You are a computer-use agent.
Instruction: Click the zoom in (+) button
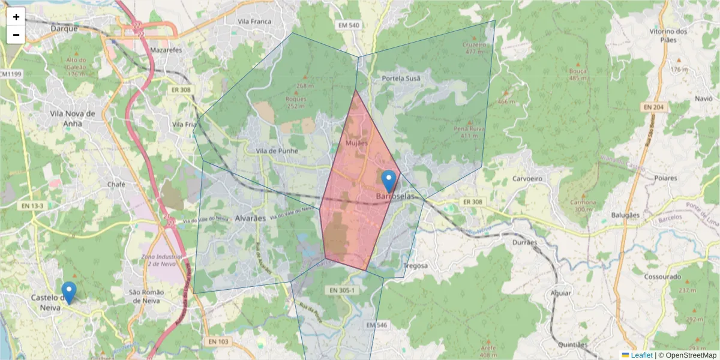(x=16, y=17)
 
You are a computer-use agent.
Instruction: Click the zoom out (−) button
(x=16, y=35)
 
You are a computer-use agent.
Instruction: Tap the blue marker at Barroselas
(x=389, y=181)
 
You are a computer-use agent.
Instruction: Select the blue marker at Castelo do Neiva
(x=70, y=292)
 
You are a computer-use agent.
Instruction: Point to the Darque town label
(x=65, y=28)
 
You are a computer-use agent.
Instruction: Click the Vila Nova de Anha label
(x=73, y=119)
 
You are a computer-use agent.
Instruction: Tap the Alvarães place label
(x=250, y=218)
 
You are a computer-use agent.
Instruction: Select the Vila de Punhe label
(x=277, y=151)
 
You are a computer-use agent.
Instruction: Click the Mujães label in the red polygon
(x=356, y=143)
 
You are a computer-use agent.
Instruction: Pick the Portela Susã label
(x=401, y=79)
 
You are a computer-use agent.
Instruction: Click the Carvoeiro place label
(x=527, y=179)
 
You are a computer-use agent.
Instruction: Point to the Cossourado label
(x=662, y=277)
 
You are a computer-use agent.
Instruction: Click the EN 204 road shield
(x=655, y=107)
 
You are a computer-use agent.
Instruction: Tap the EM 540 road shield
(x=348, y=25)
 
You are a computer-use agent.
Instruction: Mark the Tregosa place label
(x=415, y=266)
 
